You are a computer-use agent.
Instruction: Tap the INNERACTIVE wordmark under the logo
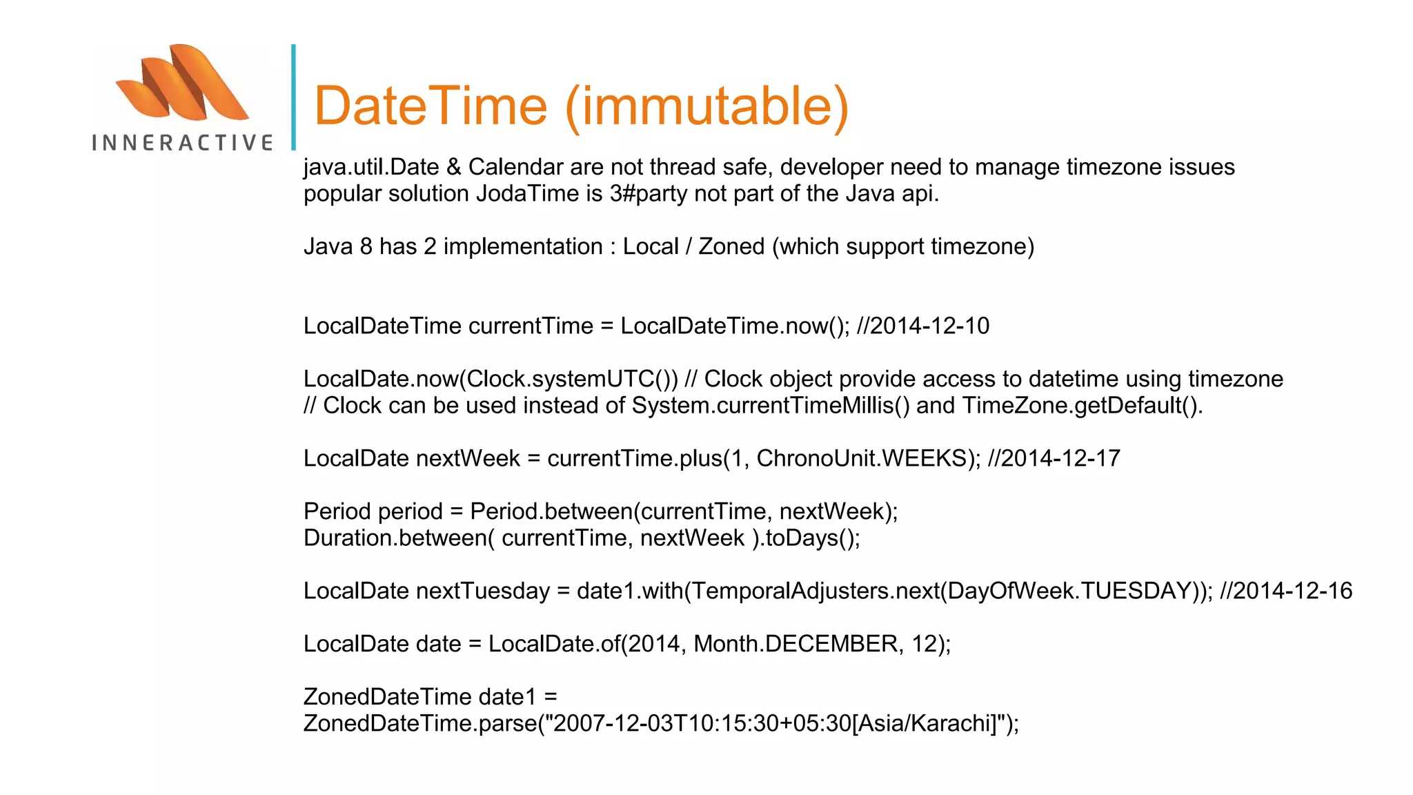[182, 143]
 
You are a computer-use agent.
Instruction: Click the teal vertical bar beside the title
[293, 97]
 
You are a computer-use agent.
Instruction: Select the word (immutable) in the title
[706, 106]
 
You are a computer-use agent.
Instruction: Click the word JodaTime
[528, 194]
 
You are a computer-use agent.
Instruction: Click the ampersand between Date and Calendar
[453, 168]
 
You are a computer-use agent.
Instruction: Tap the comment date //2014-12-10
[922, 326]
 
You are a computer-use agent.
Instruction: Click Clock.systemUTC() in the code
[572, 380]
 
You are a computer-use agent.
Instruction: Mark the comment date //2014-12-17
[1054, 459]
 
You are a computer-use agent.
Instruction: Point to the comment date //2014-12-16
[1285, 591]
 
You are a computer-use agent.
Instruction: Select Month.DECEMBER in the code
[796, 645]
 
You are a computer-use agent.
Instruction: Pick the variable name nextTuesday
[482, 591]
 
